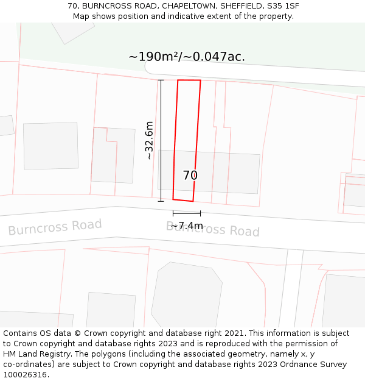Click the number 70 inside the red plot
190,176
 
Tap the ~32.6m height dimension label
149,140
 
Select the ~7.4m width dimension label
187,226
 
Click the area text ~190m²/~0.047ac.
187,57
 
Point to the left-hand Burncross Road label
55,227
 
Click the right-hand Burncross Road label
213,229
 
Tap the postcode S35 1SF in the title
284,6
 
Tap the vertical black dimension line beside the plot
161,140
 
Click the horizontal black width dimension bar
187,213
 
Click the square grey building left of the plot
51,146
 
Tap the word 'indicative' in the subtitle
203,16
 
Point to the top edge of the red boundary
189,80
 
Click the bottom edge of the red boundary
183,200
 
